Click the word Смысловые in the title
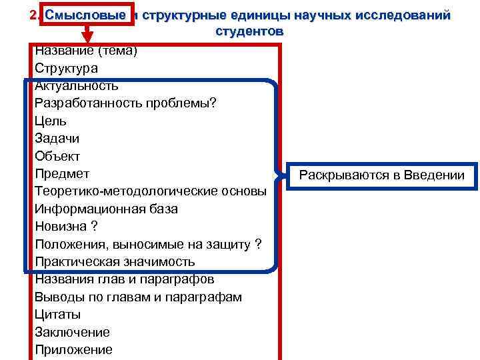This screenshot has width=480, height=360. click(x=85, y=15)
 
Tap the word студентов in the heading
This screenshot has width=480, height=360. click(x=249, y=31)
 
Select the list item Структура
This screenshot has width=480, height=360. click(x=66, y=68)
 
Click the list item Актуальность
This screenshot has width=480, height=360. click(x=77, y=85)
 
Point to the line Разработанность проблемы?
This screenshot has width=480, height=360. click(x=126, y=103)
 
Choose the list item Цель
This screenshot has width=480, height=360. click(x=51, y=121)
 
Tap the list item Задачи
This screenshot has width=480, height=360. click(x=57, y=139)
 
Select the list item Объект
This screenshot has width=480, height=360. click(x=57, y=156)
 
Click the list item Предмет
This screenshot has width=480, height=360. click(x=62, y=174)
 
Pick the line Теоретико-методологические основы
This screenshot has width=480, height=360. click(x=151, y=191)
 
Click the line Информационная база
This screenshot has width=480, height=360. click(x=107, y=209)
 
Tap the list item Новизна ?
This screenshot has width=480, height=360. click(x=66, y=227)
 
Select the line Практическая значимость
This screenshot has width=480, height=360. click(x=115, y=262)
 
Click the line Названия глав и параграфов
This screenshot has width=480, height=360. click(x=125, y=279)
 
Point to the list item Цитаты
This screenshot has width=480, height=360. click(x=58, y=314)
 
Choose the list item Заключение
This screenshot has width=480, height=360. click(x=73, y=332)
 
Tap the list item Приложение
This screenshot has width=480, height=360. click(x=74, y=349)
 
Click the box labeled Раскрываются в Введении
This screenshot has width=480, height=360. click(x=381, y=176)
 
